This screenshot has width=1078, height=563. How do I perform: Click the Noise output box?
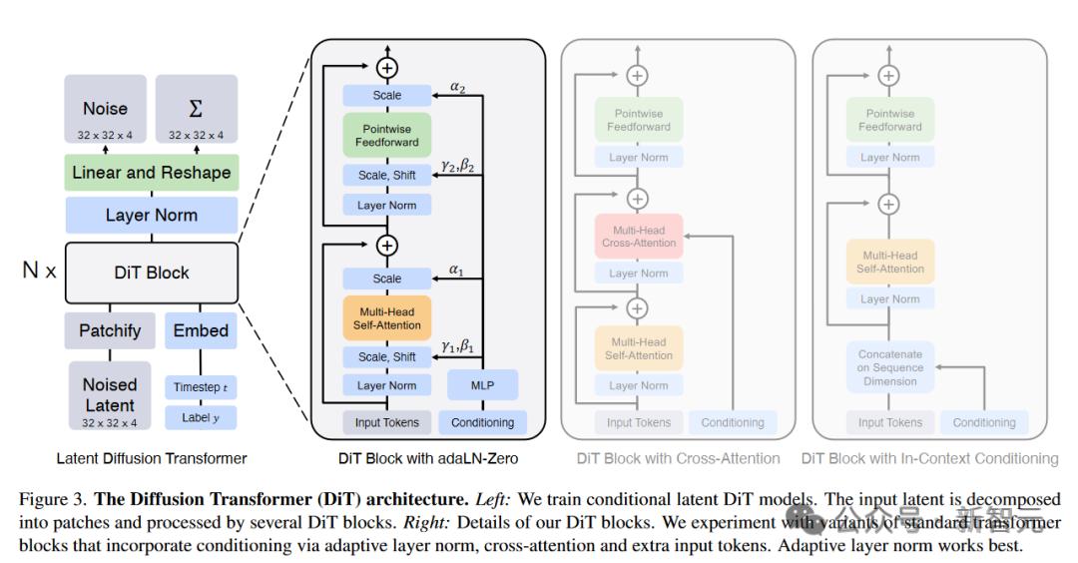(106, 112)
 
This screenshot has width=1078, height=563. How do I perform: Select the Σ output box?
(196, 112)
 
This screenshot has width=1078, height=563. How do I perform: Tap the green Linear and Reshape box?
(151, 173)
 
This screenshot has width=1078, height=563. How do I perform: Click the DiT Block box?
(151, 273)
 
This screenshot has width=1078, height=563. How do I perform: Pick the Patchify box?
(110, 330)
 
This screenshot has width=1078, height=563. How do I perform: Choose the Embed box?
(201, 330)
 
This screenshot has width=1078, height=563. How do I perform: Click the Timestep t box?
(202, 387)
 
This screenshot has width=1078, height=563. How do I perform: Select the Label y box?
(202, 417)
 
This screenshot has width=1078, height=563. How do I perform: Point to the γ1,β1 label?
(458, 346)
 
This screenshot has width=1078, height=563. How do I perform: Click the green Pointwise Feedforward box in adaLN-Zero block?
(387, 135)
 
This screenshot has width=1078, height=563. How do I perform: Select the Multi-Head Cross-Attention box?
(639, 237)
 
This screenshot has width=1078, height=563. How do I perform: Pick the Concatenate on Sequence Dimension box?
(889, 367)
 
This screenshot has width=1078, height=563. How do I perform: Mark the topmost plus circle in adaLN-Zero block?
(387, 68)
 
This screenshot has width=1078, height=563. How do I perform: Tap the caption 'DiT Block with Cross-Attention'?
(678, 458)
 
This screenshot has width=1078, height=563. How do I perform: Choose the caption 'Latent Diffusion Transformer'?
(151, 458)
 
